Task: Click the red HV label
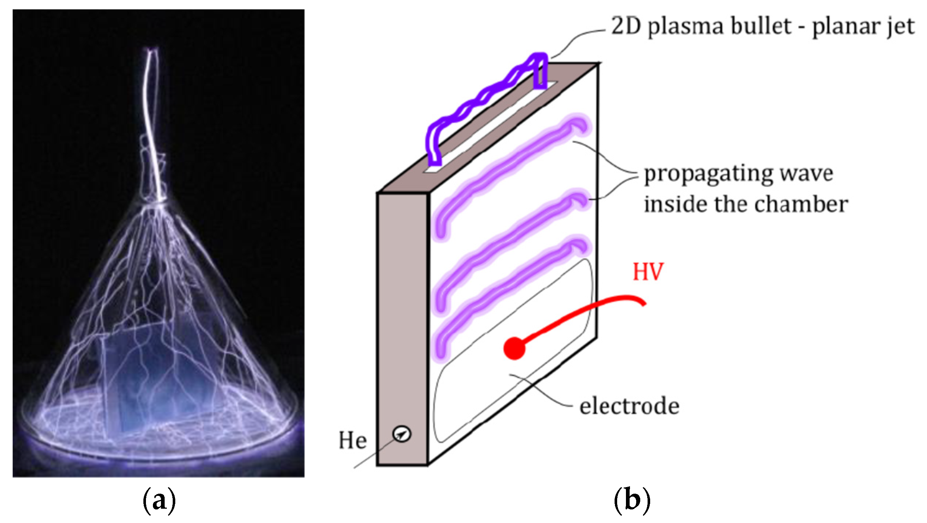tap(648, 272)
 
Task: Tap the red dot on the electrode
tap(514, 349)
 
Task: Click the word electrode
tap(629, 406)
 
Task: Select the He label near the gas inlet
tap(352, 441)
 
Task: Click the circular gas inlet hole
tap(402, 434)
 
